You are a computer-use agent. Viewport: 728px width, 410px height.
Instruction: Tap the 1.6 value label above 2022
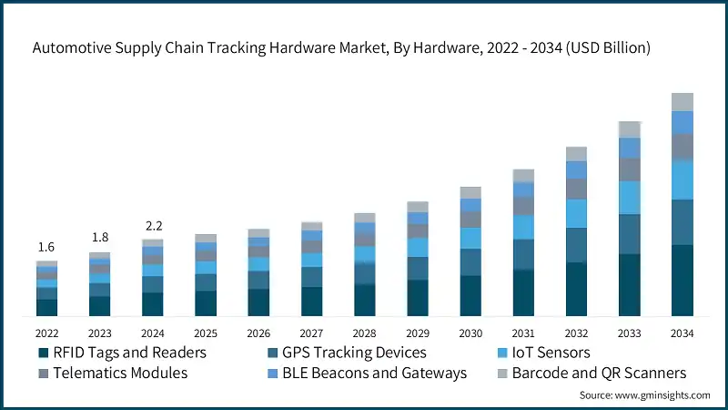point(45,248)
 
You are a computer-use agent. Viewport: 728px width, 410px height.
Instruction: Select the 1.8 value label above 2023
point(98,238)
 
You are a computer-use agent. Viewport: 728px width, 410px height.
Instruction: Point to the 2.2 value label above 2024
point(152,225)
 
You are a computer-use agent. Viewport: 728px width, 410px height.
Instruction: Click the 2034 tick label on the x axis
point(682,333)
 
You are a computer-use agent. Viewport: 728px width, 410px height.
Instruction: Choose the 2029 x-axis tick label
point(417,333)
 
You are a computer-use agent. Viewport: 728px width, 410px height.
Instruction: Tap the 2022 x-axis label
point(46,333)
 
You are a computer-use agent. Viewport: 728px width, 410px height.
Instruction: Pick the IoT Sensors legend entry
point(552,353)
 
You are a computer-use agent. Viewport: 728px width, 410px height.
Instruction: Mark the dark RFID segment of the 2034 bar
point(682,281)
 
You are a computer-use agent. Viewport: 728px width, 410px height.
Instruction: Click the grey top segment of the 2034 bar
point(682,102)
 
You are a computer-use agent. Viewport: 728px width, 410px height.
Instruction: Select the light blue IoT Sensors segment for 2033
point(629,197)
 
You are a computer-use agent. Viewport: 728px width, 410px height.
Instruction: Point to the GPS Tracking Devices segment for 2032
point(576,245)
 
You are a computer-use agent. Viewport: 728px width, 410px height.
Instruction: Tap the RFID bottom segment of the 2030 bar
point(470,296)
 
